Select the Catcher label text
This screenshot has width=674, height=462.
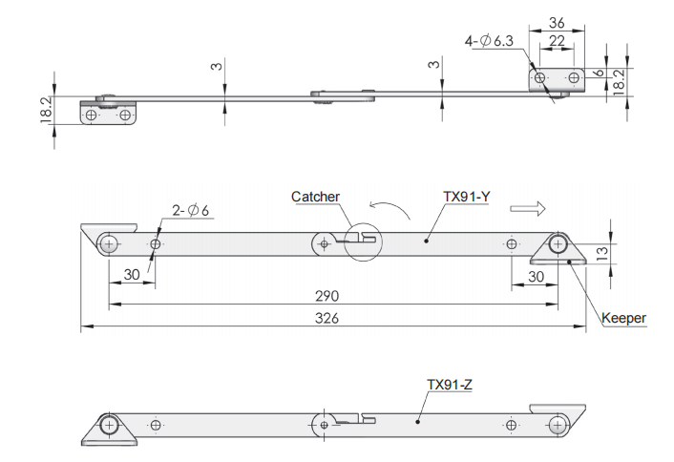[x=315, y=197]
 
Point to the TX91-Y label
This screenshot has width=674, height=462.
[x=466, y=197]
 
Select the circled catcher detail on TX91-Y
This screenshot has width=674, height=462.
[x=363, y=241]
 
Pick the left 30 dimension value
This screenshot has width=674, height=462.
[x=132, y=275]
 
